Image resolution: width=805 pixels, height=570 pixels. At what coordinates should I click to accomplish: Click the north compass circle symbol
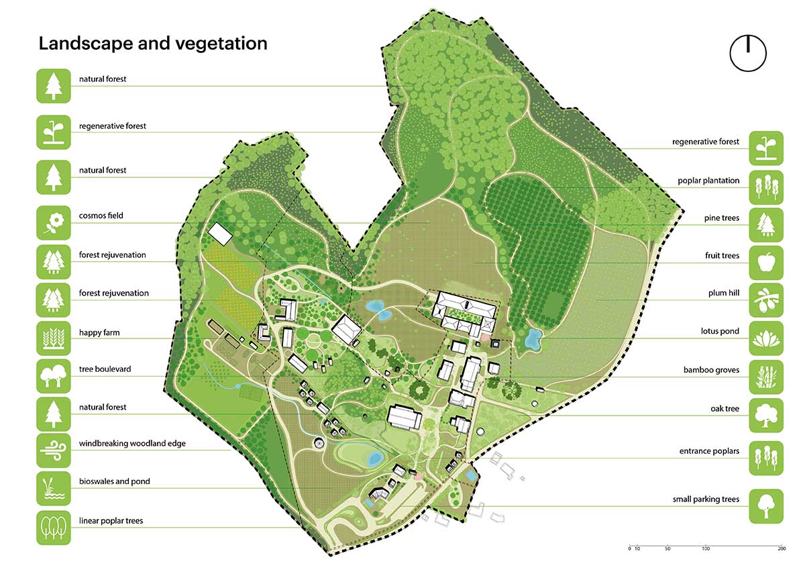tap(748, 52)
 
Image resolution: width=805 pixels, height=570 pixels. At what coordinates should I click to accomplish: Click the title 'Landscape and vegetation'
tap(153, 44)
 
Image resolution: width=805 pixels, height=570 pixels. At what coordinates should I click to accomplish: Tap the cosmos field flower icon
tap(53, 222)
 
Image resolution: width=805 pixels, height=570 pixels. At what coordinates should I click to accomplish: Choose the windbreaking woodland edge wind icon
tap(53, 450)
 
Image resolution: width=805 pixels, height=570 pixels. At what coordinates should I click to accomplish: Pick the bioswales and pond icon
tap(53, 488)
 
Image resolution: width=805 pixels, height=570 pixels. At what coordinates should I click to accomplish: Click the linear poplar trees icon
tap(53, 527)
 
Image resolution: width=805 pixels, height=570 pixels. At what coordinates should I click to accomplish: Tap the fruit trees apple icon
tap(766, 261)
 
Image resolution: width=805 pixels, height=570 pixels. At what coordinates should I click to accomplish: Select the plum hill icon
tap(766, 299)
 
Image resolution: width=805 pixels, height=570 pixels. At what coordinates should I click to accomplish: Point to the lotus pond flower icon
tap(766, 338)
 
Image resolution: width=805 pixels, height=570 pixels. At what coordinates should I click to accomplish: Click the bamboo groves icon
tap(766, 376)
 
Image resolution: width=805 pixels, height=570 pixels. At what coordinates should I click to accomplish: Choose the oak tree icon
tap(766, 414)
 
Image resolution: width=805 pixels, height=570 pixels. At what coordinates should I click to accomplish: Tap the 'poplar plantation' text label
tap(708, 181)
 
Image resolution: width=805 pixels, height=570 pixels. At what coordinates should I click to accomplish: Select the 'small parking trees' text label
tap(706, 500)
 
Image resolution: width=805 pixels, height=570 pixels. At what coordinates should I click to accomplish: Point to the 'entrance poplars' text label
tap(709, 452)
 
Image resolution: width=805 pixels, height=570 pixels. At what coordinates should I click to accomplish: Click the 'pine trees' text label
tap(721, 218)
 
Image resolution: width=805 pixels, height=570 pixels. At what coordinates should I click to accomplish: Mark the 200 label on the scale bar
tap(782, 549)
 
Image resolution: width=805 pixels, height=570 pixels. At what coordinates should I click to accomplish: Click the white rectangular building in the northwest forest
tap(219, 233)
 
